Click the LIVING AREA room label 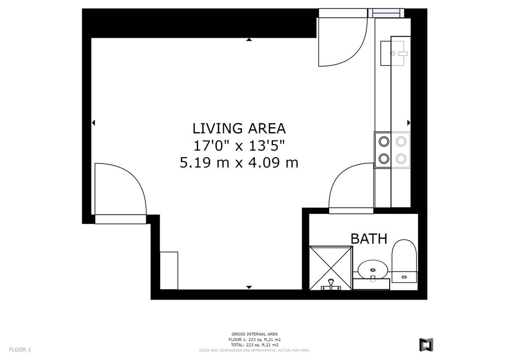pyautogui.click(x=239, y=129)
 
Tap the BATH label pyautogui.click(x=369, y=239)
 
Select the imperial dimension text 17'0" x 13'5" pyautogui.click(x=239, y=146)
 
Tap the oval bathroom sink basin pyautogui.click(x=373, y=270)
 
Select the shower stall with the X pyautogui.click(x=331, y=268)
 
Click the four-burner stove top pyautogui.click(x=393, y=150)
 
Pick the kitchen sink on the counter pyautogui.click(x=394, y=53)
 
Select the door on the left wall pyautogui.click(x=120, y=193)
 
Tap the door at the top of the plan pyautogui.click(x=343, y=42)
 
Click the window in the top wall pyautogui.click(x=386, y=12)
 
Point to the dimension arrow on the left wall pyautogui.click(x=93, y=123)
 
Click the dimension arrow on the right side pyautogui.click(x=409, y=123)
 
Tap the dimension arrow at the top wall pyautogui.click(x=249, y=40)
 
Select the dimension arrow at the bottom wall pyautogui.click(x=249, y=287)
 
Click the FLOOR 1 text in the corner pyautogui.click(x=20, y=350)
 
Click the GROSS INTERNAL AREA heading pyautogui.click(x=254, y=334)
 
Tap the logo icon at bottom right pyautogui.click(x=426, y=345)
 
